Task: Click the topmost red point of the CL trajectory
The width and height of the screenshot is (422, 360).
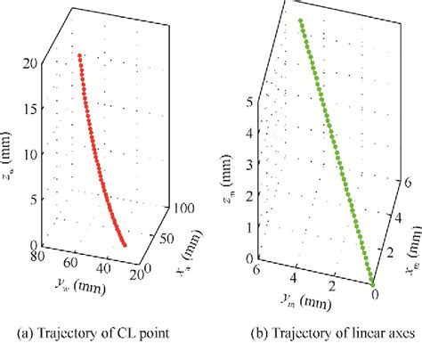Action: (80, 55)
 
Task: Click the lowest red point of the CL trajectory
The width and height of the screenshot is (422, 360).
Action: (125, 243)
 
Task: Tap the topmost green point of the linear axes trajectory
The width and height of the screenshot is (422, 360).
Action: (300, 20)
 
